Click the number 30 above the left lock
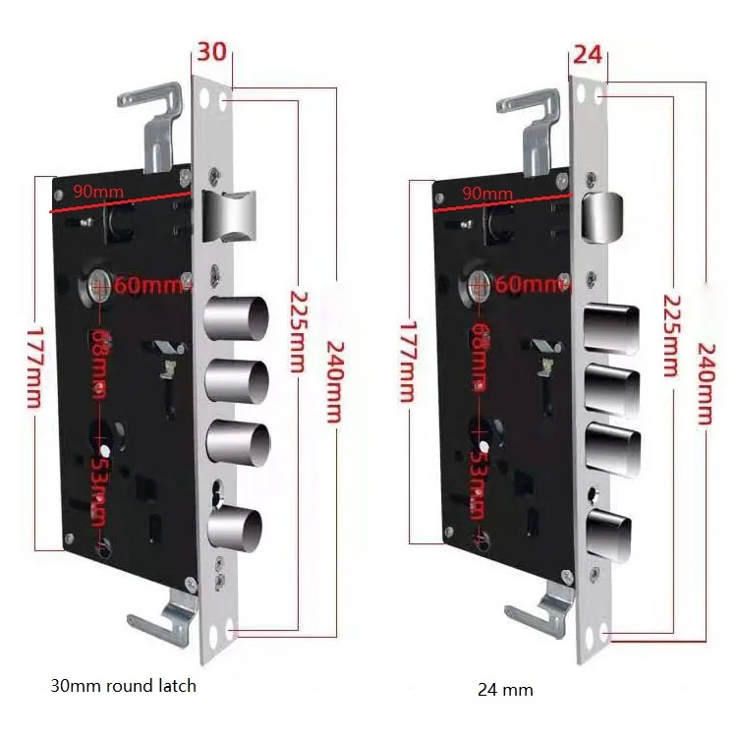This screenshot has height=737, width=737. tap(211, 52)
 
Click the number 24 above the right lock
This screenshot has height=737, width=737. tap(587, 54)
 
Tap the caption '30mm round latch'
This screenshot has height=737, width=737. tap(123, 685)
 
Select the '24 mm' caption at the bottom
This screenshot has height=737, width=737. tap(505, 690)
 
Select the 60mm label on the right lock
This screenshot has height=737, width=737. tap(532, 285)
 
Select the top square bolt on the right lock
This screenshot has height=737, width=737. tap(611, 329)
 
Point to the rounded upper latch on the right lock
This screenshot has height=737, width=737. tap(601, 215)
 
